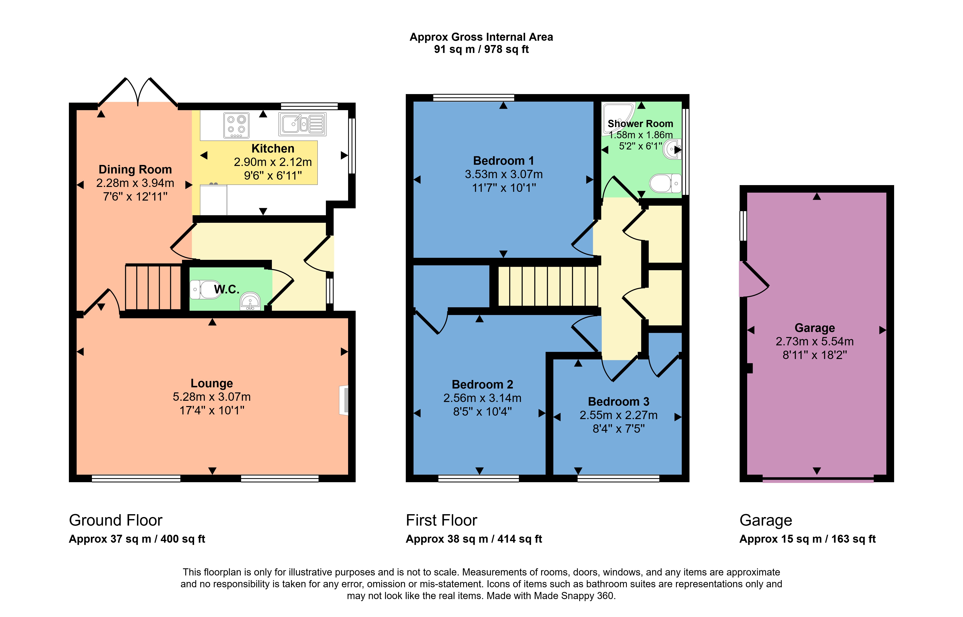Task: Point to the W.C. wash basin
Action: pos(250,301)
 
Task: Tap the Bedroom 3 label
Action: pos(618,401)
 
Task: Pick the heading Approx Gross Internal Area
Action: pos(481,37)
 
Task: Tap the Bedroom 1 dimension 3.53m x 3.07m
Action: pos(504,174)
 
